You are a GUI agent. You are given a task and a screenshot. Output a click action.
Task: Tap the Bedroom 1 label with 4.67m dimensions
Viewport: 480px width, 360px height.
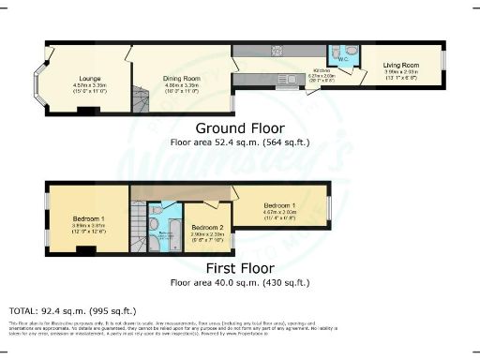(281, 205)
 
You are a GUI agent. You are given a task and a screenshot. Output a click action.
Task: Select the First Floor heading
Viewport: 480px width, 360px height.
(239, 268)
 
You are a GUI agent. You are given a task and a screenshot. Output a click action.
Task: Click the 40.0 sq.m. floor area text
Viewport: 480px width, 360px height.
(239, 282)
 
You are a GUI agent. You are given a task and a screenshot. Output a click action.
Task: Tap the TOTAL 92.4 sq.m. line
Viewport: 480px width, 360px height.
(72, 309)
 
